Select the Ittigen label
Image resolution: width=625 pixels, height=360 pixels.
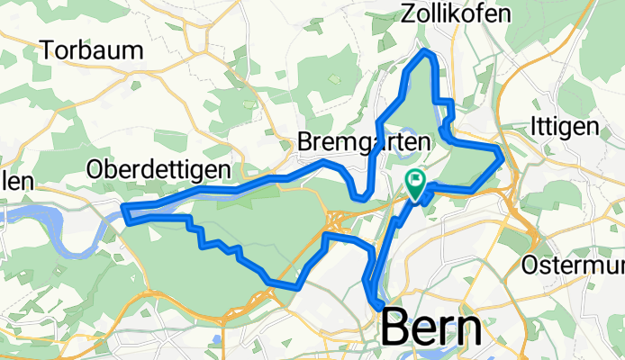point(565,127)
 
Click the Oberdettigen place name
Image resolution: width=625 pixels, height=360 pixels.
point(159,169)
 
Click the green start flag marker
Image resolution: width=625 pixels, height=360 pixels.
point(415,184)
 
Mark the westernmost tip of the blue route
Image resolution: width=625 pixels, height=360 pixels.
point(124,213)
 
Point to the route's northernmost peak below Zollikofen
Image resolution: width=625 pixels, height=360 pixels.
point(427,54)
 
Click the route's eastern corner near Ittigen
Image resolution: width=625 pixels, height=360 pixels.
point(501,155)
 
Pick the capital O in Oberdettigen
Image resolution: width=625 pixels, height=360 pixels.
point(95,169)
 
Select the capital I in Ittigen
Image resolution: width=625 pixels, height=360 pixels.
point(537,127)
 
